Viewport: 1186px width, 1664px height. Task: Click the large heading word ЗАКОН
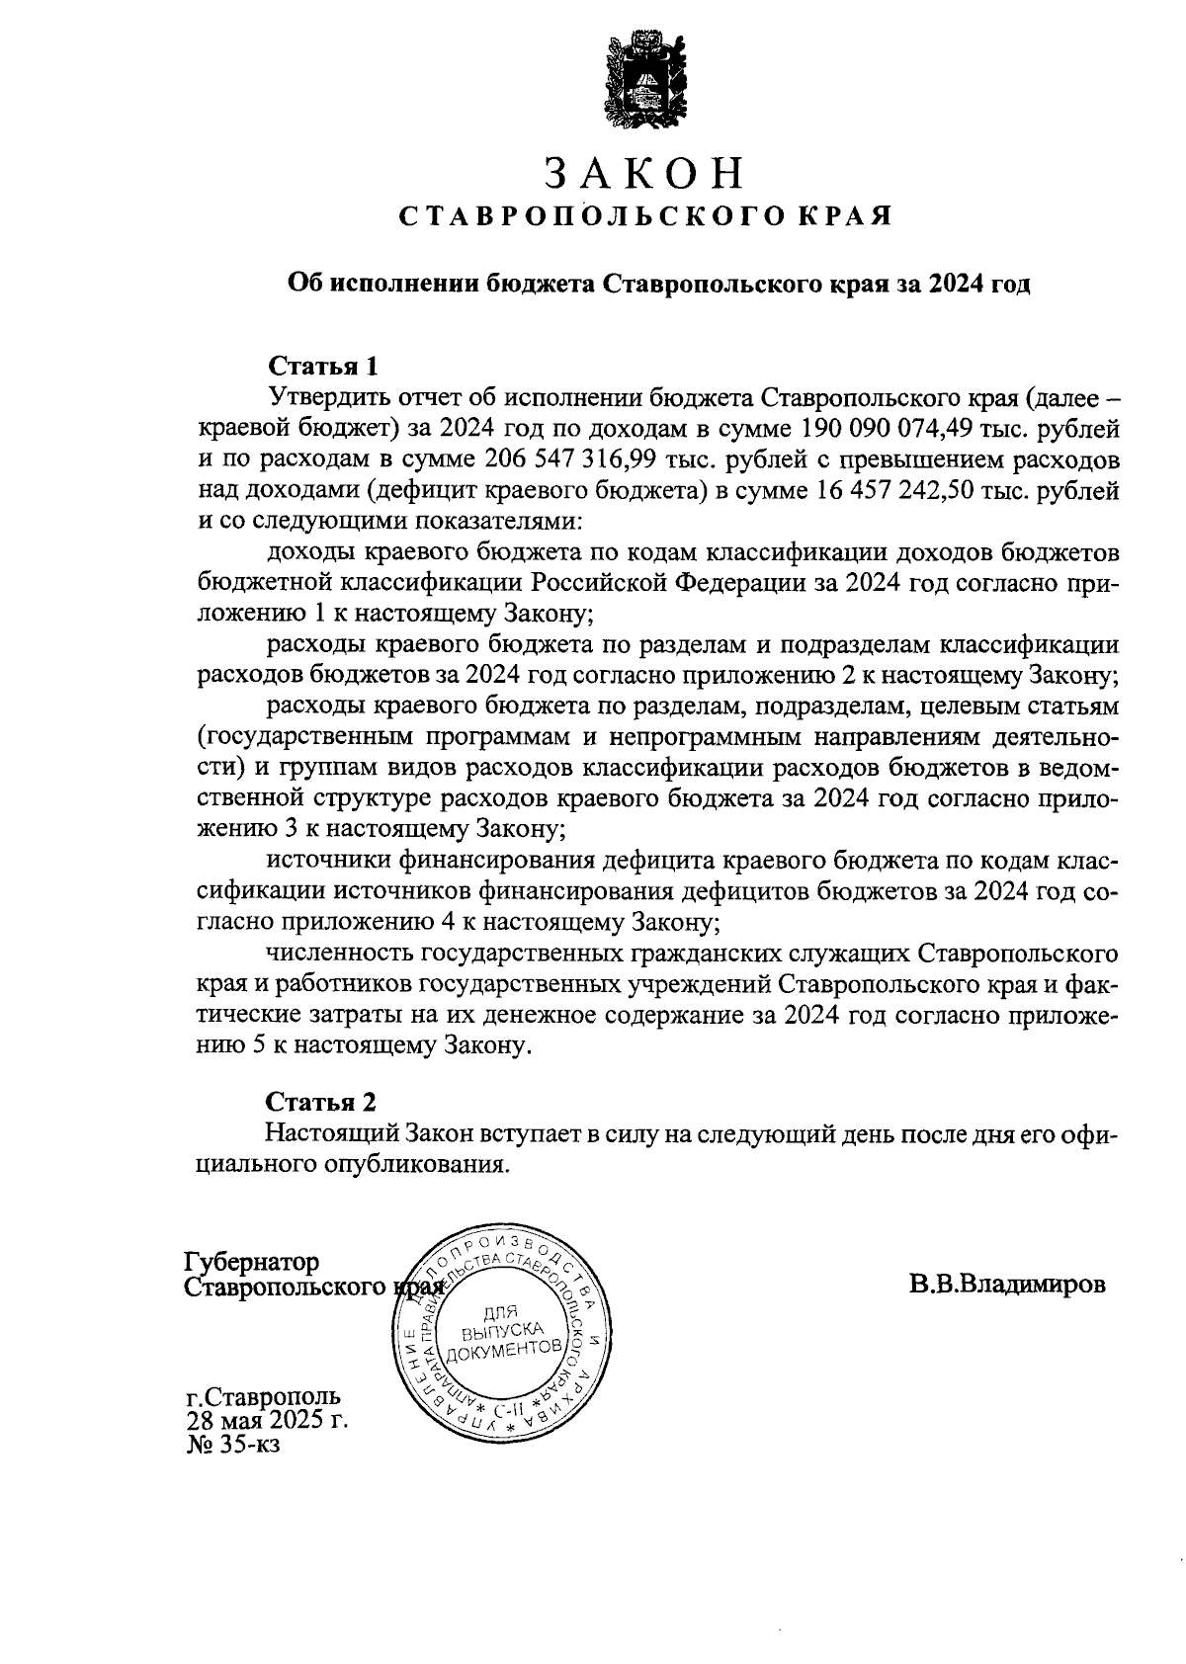click(643, 174)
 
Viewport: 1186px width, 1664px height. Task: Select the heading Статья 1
click(324, 367)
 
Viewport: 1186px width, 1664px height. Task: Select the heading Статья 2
click(322, 1102)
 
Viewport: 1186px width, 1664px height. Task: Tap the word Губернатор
click(253, 1263)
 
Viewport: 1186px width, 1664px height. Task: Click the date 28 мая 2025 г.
click(267, 1421)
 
